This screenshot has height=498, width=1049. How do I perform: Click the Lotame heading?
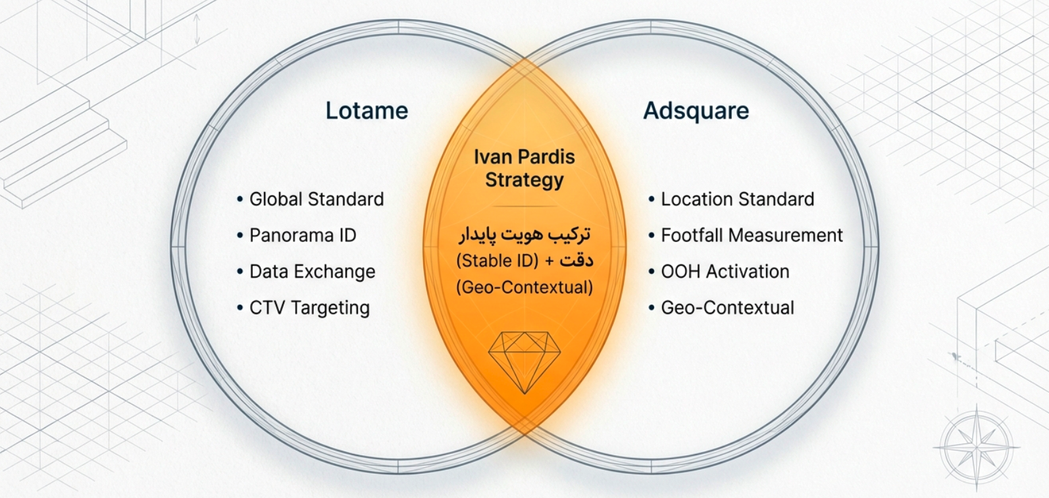point(367,111)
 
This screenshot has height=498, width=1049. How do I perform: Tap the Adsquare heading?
point(696,111)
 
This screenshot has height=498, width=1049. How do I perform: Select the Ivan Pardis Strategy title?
point(524,168)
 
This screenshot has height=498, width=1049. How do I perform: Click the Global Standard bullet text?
point(317,199)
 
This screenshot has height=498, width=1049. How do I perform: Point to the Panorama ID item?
point(303,236)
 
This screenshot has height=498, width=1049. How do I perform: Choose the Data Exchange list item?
point(313,272)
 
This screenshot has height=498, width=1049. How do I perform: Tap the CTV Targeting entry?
point(309,308)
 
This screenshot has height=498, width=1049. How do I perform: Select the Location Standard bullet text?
point(738,199)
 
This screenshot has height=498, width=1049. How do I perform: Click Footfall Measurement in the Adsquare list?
point(752,236)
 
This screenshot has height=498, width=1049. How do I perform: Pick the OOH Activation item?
point(725,272)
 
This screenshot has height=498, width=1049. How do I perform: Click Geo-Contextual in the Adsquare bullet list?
point(728,308)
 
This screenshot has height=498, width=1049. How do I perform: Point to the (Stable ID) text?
point(498,261)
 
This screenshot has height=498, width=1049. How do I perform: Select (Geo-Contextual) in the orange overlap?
point(524,287)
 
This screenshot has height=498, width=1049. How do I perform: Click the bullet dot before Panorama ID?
point(240,236)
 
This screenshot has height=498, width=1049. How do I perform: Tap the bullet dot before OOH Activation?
point(652,272)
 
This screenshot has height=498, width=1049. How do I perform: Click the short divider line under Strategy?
point(524,206)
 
